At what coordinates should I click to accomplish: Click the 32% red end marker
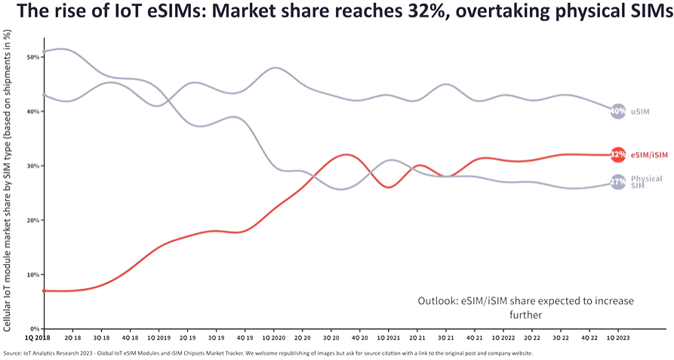tap(617, 154)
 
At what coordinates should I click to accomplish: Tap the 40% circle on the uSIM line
tap(617, 111)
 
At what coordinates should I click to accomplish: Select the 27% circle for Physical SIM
tap(617, 182)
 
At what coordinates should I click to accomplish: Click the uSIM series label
tap(640, 112)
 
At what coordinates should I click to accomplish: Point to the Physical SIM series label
tap(646, 182)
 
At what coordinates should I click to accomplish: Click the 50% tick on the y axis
tap(32, 57)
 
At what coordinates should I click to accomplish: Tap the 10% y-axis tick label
tap(32, 275)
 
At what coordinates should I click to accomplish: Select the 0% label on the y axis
tap(35, 329)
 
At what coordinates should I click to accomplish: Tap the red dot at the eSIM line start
tap(44, 291)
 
